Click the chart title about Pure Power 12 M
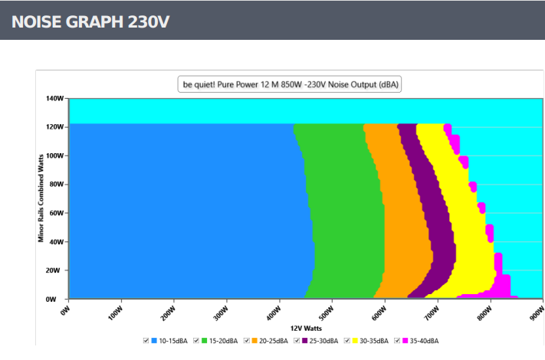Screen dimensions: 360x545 [290, 84]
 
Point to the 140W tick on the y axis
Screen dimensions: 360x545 [54, 98]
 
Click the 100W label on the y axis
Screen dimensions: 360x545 [54, 155]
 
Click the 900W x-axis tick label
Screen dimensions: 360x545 [537, 313]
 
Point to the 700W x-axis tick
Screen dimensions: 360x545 [432, 313]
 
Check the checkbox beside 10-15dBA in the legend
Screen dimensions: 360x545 [146, 341]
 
